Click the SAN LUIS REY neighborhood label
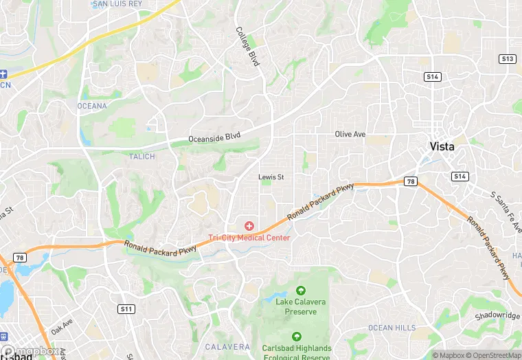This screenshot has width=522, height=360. pos(117,3)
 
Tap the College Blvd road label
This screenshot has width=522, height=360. pos(248,46)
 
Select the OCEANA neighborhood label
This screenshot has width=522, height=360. pos(92,106)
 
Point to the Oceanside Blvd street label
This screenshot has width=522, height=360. pos(215,137)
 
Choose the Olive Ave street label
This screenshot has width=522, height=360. pos(350,134)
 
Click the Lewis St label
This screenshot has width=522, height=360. pos(271,177)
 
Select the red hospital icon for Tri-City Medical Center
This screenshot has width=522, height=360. pos(249,225)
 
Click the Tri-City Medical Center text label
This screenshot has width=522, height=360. pos(249,238)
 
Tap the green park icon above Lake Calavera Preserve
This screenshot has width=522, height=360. pos(299,291)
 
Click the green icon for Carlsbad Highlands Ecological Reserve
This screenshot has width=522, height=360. pos(297,337)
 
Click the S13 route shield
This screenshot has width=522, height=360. pos(508,59)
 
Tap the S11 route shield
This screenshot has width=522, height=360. pos(126,308)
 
